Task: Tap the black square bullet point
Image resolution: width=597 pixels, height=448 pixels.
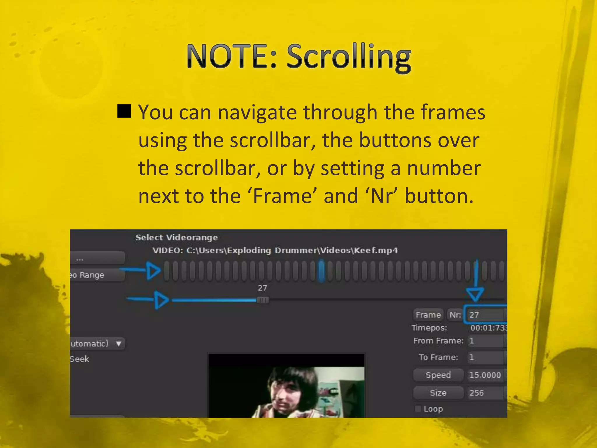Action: click(x=124, y=111)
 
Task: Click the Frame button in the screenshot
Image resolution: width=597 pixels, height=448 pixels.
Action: click(x=428, y=315)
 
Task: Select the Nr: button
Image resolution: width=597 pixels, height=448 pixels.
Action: click(x=455, y=315)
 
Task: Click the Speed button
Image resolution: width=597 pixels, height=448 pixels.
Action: click(x=438, y=375)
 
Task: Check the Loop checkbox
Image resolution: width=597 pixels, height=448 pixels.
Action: click(x=418, y=409)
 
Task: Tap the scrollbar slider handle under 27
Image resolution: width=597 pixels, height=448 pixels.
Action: click(x=263, y=300)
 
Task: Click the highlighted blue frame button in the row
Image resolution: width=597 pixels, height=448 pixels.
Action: click(x=321, y=271)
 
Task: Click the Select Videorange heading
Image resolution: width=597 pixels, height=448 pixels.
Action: click(x=177, y=237)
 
